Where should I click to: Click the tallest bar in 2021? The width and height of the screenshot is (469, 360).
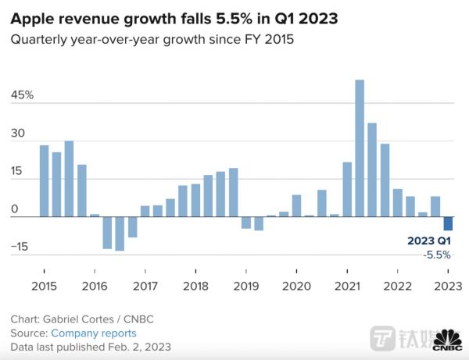360,148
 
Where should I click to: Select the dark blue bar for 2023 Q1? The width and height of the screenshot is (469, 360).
449,224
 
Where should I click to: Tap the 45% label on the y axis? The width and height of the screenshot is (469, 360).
22,95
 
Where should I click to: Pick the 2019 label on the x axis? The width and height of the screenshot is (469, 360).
245,285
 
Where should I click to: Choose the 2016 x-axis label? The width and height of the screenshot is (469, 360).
95,285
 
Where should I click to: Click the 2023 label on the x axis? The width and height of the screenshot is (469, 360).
448,285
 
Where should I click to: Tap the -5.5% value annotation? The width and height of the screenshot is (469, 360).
437,255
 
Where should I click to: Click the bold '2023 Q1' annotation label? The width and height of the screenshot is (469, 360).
429,241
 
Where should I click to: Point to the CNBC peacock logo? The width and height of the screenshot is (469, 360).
447,340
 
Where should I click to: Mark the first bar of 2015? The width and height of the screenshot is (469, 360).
45,181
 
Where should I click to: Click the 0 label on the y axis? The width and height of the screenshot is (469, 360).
14,209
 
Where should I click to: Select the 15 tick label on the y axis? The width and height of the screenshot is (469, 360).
17,172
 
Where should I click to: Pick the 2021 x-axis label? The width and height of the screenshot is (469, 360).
347,285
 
